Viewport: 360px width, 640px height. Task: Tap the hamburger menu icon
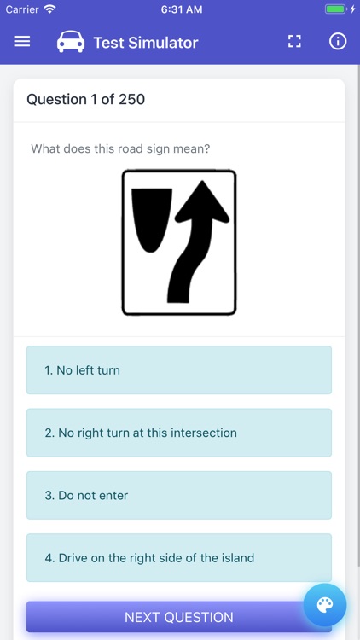pyautogui.click(x=22, y=42)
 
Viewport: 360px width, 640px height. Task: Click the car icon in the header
pyautogui.click(x=71, y=42)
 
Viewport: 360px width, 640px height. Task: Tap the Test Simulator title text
pyautogui.click(x=145, y=43)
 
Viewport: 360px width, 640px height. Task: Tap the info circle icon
pyautogui.click(x=338, y=42)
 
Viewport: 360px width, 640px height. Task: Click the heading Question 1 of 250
pyautogui.click(x=85, y=99)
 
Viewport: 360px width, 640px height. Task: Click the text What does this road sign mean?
pyautogui.click(x=120, y=148)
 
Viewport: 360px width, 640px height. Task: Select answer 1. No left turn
pyautogui.click(x=178, y=370)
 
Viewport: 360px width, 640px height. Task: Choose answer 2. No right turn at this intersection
pyautogui.click(x=178, y=433)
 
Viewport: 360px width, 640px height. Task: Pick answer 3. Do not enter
pyautogui.click(x=178, y=495)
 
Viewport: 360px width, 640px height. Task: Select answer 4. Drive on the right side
pyautogui.click(x=178, y=558)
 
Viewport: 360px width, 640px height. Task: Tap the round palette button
pyautogui.click(x=325, y=605)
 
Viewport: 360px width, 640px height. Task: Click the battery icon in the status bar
pyautogui.click(x=336, y=9)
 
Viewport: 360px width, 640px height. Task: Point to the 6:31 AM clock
pyautogui.click(x=181, y=9)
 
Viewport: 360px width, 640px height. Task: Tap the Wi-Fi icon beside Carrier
pyautogui.click(x=49, y=9)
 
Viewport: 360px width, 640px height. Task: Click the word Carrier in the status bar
pyautogui.click(x=22, y=9)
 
